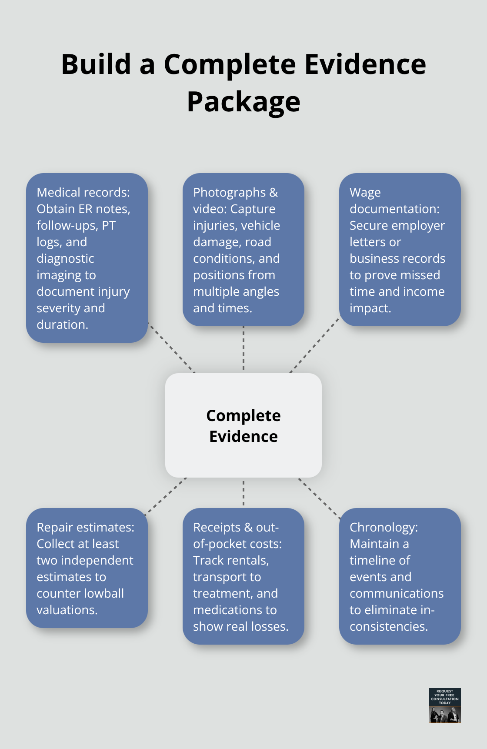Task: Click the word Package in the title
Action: click(243, 102)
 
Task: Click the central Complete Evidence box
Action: click(243, 425)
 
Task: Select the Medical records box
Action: click(87, 258)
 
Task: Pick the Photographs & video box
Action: click(243, 250)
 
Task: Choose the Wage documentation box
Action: click(400, 250)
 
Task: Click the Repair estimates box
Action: click(87, 568)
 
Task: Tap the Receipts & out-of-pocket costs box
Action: click(243, 576)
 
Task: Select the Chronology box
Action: click(400, 576)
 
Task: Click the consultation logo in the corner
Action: click(444, 705)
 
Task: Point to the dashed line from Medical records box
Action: click(171, 348)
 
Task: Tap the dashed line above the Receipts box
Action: click(243, 493)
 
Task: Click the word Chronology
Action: click(383, 527)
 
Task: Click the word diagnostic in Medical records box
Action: click(65, 258)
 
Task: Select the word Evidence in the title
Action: click(365, 64)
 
